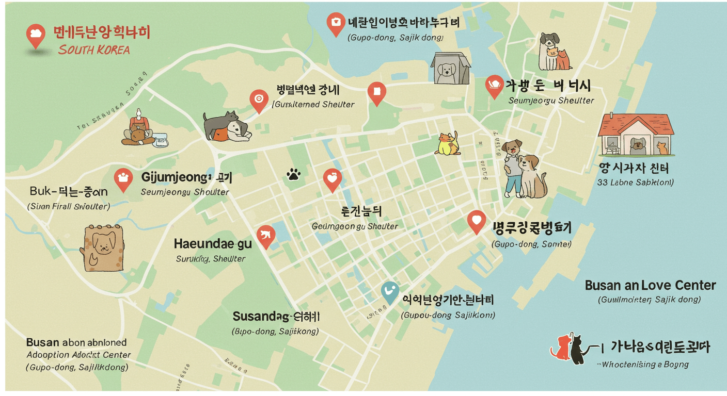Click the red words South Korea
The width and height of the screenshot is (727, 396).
93,50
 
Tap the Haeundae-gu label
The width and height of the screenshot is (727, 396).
212,243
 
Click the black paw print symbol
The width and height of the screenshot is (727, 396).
293,175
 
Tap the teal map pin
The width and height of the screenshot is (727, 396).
390,292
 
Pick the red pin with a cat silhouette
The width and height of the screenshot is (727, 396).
266,236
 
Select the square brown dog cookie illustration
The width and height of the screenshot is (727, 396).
104,247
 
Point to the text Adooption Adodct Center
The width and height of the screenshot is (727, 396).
78,355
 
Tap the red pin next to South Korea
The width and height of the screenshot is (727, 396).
36,35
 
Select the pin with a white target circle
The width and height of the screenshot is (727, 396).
259,100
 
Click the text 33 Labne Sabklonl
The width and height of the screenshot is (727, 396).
635,182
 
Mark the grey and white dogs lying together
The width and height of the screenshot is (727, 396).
227,126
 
